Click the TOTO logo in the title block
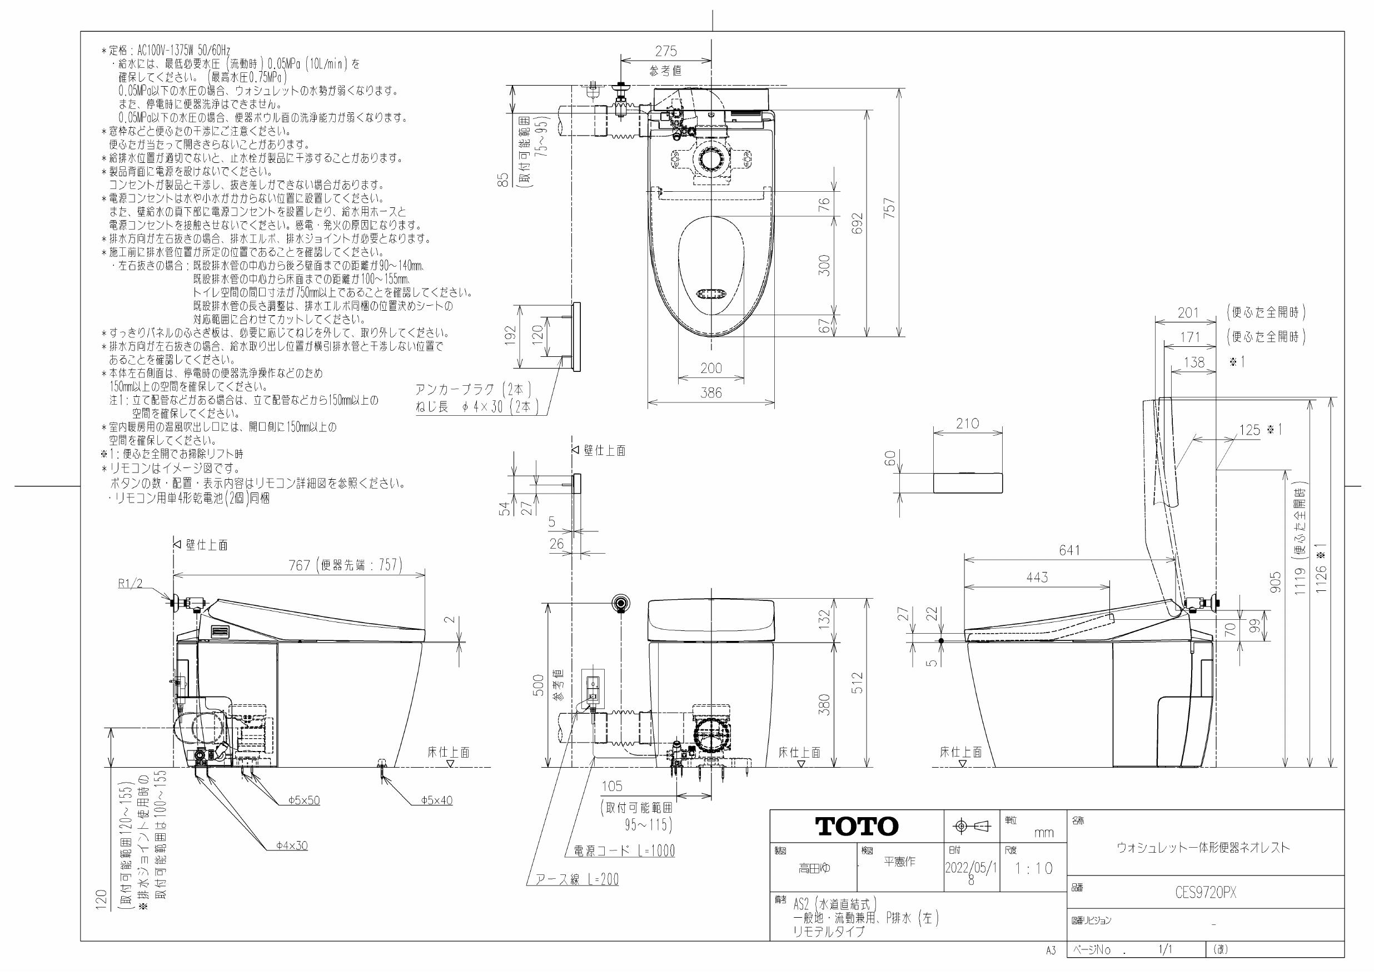click(857, 827)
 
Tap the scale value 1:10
click(1034, 869)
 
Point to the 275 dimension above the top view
click(665, 52)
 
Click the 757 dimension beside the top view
click(890, 208)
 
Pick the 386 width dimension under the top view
click(711, 393)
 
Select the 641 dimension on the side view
click(1069, 550)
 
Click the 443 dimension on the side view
click(1037, 578)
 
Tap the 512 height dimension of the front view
click(858, 683)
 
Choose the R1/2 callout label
click(130, 584)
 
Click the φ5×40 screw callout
click(437, 800)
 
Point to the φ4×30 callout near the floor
click(292, 845)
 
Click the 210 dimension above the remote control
click(968, 424)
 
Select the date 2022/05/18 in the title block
click(971, 873)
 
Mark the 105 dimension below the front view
click(612, 786)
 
